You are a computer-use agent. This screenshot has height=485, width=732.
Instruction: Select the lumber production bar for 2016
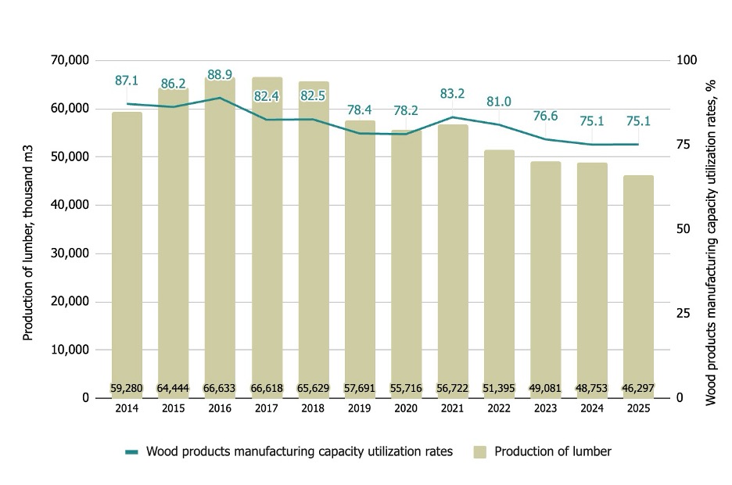pos(220,235)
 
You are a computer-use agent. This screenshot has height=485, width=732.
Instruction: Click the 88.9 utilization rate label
pos(220,75)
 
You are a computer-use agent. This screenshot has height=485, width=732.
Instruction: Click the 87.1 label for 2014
pos(127,81)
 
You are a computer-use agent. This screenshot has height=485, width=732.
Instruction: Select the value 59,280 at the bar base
pos(127,387)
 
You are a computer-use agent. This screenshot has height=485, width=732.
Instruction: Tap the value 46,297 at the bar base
pos(638,387)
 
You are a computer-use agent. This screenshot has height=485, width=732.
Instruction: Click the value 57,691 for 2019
pos(360,387)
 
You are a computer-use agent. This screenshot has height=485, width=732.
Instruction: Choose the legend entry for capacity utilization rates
pos(289,451)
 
